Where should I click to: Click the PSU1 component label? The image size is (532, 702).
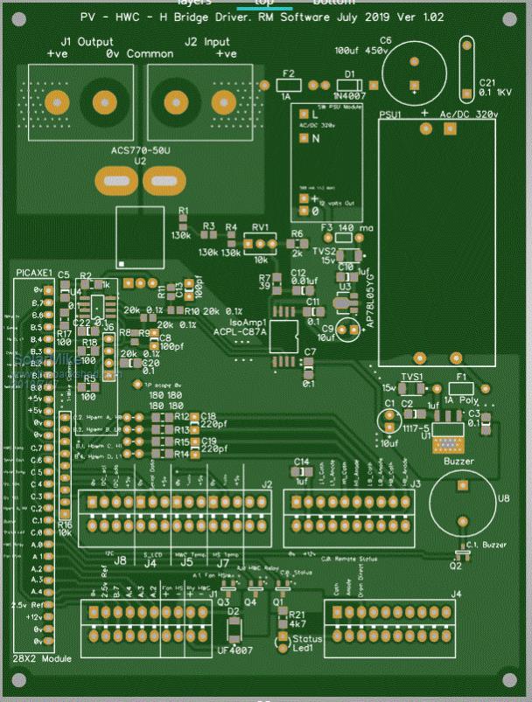coord(392,115)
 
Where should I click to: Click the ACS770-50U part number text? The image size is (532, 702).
coord(140,150)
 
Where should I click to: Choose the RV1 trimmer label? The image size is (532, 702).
coord(260,227)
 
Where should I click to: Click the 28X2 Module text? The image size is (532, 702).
coord(43,657)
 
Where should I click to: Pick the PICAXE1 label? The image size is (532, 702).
coord(35,274)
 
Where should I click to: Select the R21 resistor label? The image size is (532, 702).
coord(297,615)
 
